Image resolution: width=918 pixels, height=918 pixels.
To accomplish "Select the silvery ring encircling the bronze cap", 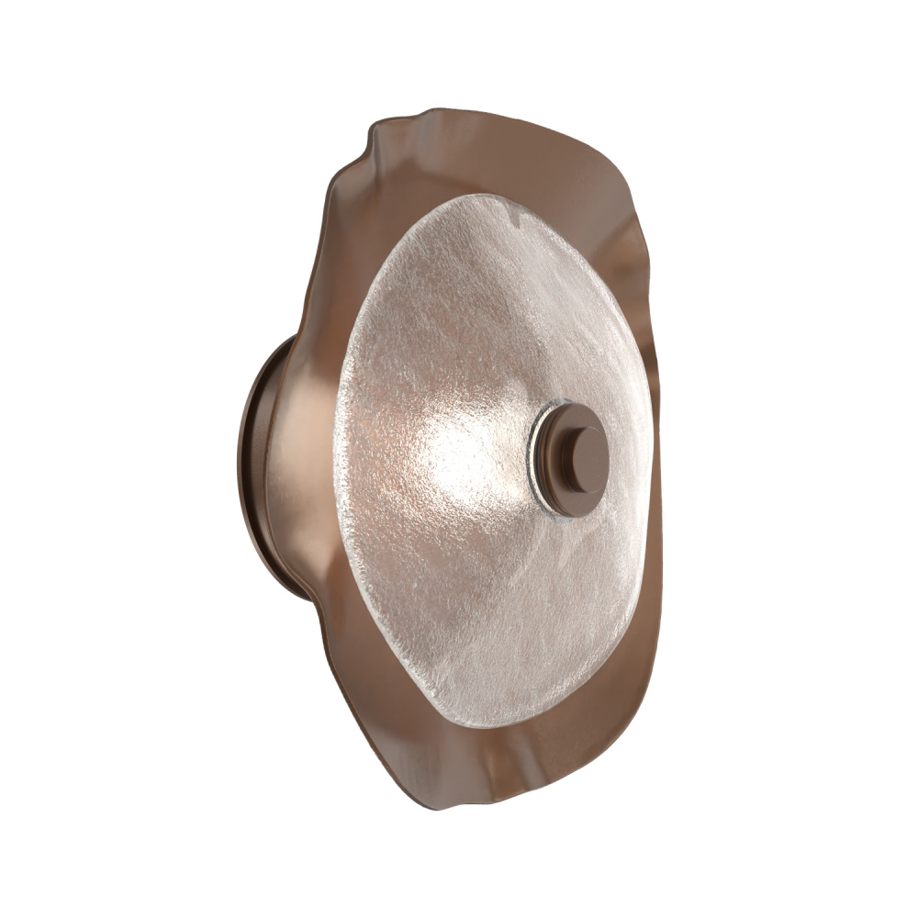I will point(536,450).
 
